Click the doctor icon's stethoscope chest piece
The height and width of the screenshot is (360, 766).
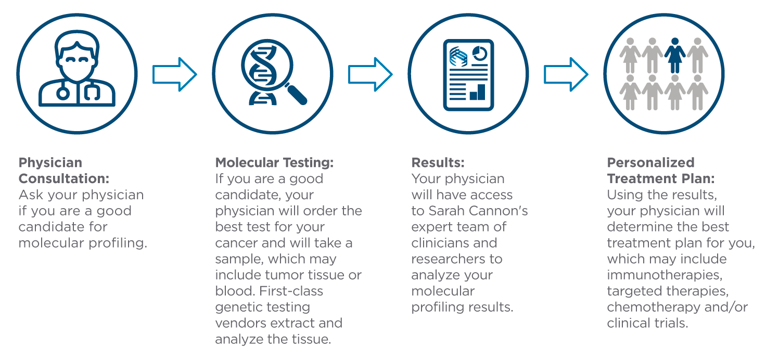tap(63, 94)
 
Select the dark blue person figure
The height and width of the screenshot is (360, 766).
tap(675, 55)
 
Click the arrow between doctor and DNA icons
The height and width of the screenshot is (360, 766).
tap(175, 74)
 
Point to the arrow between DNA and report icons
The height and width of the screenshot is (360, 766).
tap(371, 74)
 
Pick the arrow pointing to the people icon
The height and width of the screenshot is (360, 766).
tap(566, 74)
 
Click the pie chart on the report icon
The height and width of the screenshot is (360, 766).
tap(480, 54)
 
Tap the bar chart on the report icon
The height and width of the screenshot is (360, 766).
tap(478, 92)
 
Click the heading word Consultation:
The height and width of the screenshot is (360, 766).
tap(64, 178)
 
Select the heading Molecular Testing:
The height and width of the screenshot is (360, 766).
tap(274, 162)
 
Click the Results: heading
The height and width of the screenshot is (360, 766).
tap(438, 162)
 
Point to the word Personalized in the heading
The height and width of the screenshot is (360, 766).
tap(651, 162)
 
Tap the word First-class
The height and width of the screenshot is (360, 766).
tap(291, 291)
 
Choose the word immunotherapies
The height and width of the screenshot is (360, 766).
tap(665, 275)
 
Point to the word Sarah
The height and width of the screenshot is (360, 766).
tap(444, 211)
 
